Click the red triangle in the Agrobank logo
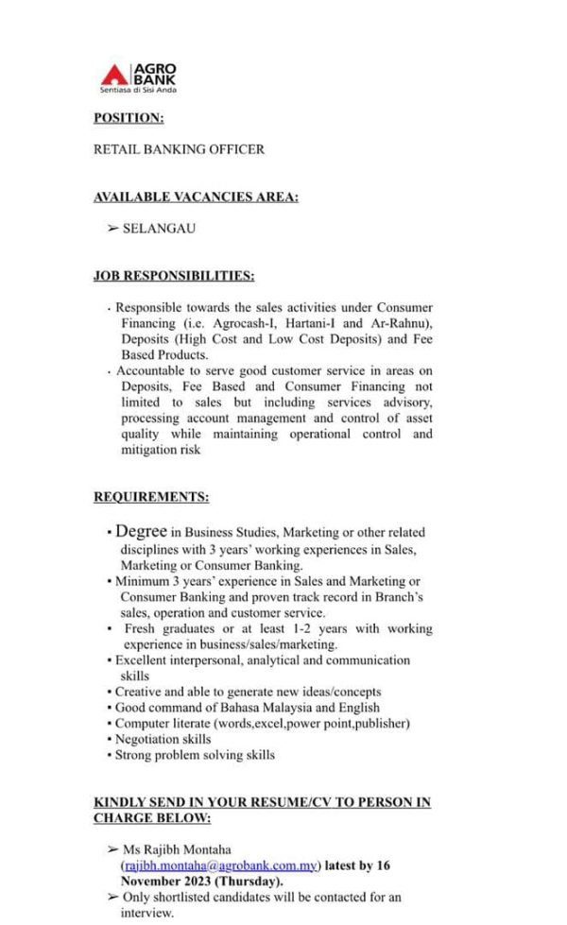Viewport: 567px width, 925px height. pyautogui.click(x=114, y=75)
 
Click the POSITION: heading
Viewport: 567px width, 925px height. pyautogui.click(x=129, y=118)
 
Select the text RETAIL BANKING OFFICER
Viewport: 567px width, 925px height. pyautogui.click(x=179, y=149)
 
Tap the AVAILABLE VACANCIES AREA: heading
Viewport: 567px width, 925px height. pyautogui.click(x=196, y=197)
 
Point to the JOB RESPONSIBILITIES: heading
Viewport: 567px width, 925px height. pyautogui.click(x=174, y=276)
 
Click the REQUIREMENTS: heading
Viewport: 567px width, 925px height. pyautogui.click(x=151, y=497)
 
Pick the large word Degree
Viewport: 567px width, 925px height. pyautogui.click(x=141, y=532)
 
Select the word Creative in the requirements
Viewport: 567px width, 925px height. pyautogui.click(x=138, y=692)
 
